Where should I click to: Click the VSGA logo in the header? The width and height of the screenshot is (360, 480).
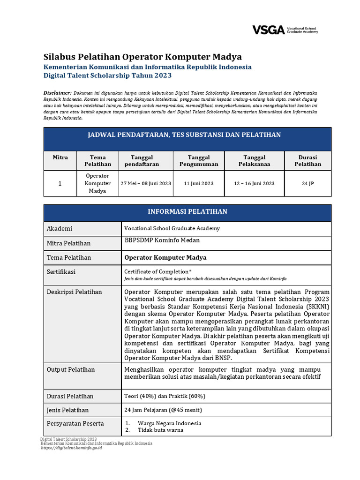[285, 30]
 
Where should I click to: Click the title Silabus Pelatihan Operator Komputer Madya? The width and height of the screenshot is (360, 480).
[142, 57]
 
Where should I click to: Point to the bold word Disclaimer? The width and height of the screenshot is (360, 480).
[58, 93]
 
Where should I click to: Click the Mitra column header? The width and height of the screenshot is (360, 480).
[60, 157]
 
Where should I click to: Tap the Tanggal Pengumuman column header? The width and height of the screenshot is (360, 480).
[199, 161]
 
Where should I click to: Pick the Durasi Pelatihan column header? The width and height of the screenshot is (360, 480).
[307, 161]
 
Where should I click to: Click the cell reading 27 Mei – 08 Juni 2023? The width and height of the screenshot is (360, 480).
[145, 183]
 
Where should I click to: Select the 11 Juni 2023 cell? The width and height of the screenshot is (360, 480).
[199, 183]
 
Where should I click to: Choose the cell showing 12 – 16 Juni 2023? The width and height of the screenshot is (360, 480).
[254, 183]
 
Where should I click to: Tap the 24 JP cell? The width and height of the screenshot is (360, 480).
[307, 183]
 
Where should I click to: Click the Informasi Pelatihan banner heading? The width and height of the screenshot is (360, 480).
[187, 212]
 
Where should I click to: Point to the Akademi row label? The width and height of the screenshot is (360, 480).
[60, 229]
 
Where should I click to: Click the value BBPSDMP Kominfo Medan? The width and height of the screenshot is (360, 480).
[162, 240]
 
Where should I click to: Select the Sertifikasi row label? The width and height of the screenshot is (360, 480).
[61, 272]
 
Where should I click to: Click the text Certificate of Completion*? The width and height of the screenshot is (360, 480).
[157, 271]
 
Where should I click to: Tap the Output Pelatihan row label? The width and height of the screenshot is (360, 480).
[70, 369]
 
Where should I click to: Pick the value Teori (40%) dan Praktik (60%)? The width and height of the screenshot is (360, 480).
[165, 396]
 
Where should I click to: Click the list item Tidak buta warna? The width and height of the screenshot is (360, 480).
[160, 430]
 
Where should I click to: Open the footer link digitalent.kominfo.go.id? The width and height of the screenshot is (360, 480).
[71, 448]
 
